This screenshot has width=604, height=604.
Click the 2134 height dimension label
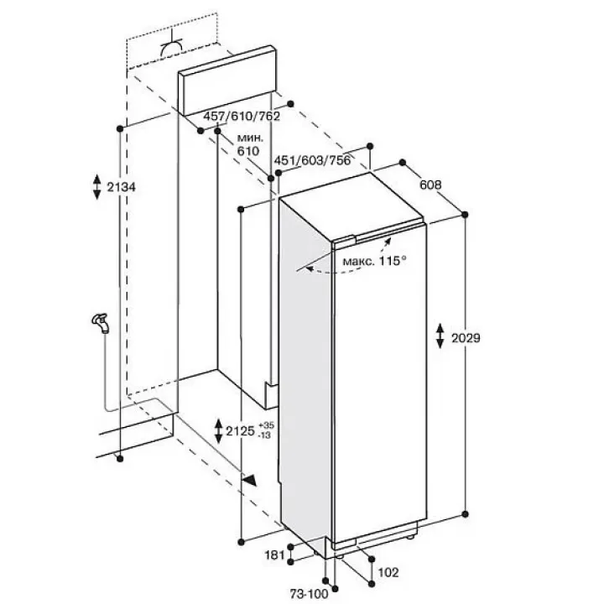point(122,188)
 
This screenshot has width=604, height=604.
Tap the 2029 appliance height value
point(466,338)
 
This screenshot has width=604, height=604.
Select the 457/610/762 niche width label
point(242,116)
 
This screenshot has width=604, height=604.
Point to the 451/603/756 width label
point(312,160)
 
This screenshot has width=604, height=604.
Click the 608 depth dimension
point(430,185)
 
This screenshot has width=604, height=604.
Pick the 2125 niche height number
point(241,430)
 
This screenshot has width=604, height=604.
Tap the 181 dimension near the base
point(274,555)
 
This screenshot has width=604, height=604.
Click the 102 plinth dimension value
point(388,573)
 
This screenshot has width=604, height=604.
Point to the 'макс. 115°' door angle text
point(374,261)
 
